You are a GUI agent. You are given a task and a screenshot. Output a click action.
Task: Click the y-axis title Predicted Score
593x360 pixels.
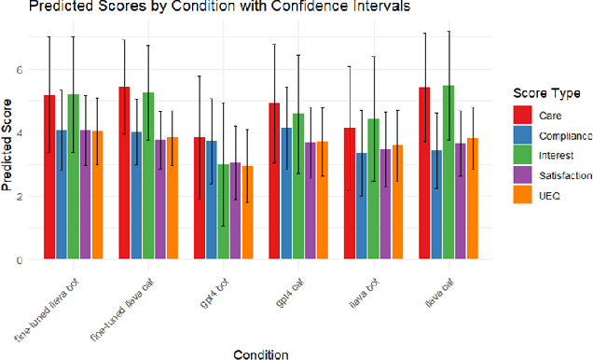tap(8, 147)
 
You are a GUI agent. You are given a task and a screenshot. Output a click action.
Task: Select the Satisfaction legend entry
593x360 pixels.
tap(560, 173)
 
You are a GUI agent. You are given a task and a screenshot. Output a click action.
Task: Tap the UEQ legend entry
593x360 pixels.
tap(547, 194)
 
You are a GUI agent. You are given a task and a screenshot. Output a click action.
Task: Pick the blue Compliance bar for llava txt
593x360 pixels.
tap(361, 206)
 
